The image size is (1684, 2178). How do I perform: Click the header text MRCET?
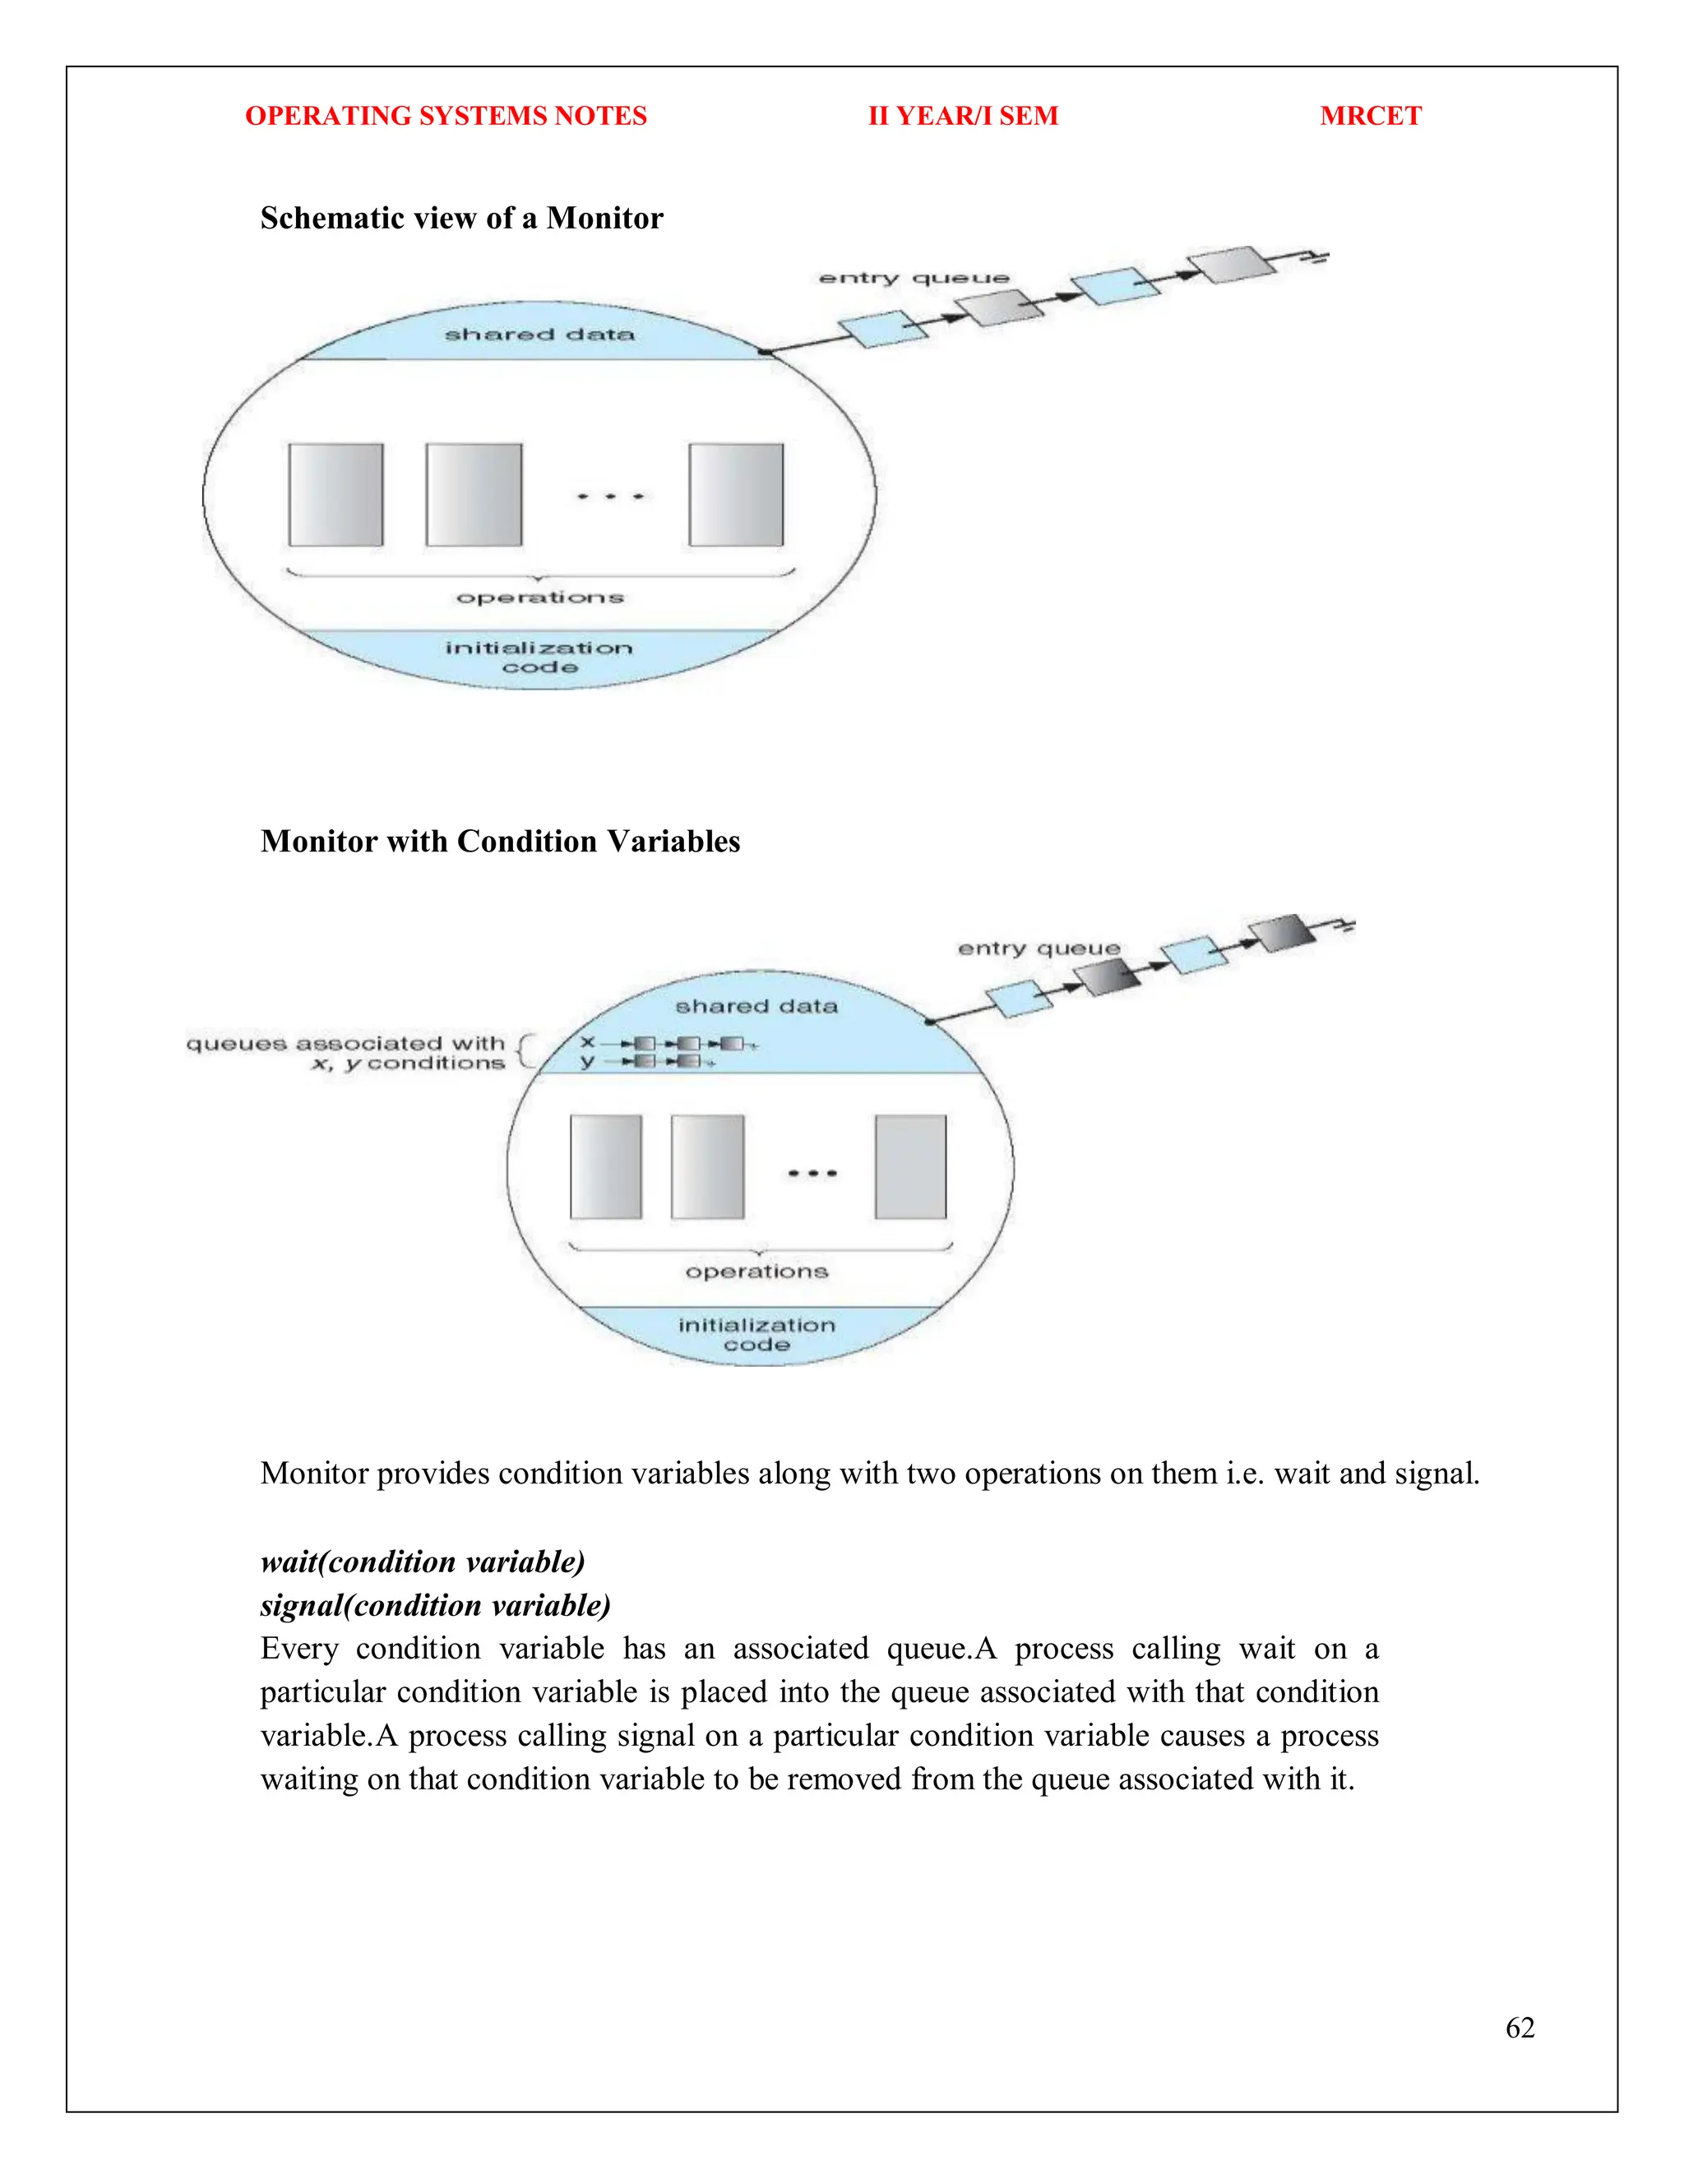tap(1370, 116)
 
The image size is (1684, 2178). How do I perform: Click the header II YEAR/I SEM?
tap(963, 116)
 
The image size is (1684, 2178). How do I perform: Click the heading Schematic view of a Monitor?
tap(461, 219)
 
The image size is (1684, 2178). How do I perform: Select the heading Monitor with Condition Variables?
tap(500, 841)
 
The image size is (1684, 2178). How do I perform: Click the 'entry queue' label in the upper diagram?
tap(913, 279)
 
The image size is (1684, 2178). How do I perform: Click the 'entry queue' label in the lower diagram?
tap(1039, 948)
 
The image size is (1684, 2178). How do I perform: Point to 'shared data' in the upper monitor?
tap(539, 335)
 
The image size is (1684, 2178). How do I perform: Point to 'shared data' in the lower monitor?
tap(756, 1006)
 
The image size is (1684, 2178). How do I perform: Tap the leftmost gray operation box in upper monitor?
tap(336, 495)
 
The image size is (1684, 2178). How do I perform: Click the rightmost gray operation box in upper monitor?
tap(736, 495)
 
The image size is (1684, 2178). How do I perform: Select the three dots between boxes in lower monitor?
tap(811, 1173)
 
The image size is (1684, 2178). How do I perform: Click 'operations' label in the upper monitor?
tap(539, 598)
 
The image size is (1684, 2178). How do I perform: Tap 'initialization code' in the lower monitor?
tap(756, 1334)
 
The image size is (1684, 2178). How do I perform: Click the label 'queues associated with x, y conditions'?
tap(345, 1053)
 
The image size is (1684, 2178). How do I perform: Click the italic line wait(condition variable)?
tap(422, 1561)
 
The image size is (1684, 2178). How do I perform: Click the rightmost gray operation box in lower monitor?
tap(910, 1167)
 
